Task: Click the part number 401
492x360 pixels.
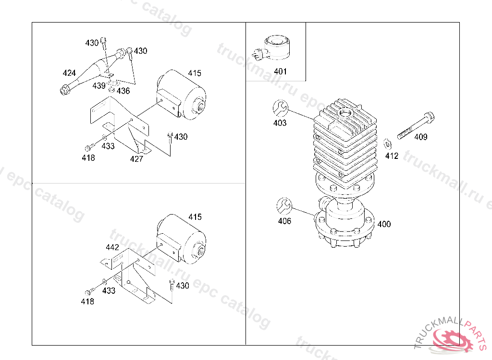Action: pyautogui.click(x=280, y=72)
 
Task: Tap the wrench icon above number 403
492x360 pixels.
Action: pyautogui.click(x=280, y=108)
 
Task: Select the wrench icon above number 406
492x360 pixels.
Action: pyautogui.click(x=284, y=206)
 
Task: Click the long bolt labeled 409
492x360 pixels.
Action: pyautogui.click(x=416, y=125)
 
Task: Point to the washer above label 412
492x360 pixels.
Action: pyautogui.click(x=388, y=144)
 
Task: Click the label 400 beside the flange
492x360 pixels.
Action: pyautogui.click(x=384, y=224)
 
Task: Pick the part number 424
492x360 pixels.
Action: pyautogui.click(x=69, y=73)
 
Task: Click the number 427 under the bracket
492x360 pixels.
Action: pyautogui.click(x=136, y=159)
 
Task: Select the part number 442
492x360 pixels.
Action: pyautogui.click(x=112, y=247)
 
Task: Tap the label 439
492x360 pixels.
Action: pyautogui.click(x=99, y=85)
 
